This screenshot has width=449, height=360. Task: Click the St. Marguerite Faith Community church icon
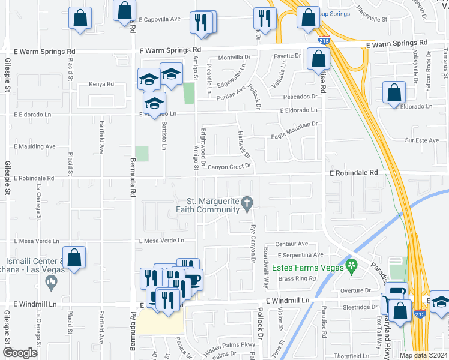click(x=246, y=205)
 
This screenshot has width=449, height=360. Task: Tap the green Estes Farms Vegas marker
click(x=352, y=264)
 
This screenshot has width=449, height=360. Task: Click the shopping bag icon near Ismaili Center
click(x=74, y=258)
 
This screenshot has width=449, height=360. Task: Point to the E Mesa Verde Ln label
click(x=161, y=241)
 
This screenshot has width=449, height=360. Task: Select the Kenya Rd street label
click(x=101, y=84)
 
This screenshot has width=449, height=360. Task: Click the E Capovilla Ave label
click(x=160, y=19)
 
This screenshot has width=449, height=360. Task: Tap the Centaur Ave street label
click(x=291, y=244)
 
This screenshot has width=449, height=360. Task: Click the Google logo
click(x=20, y=353)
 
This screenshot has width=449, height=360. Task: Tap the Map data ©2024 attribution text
click(x=423, y=355)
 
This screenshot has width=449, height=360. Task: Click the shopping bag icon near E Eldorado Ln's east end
click(x=394, y=94)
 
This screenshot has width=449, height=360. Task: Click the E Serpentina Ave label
click(x=300, y=255)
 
